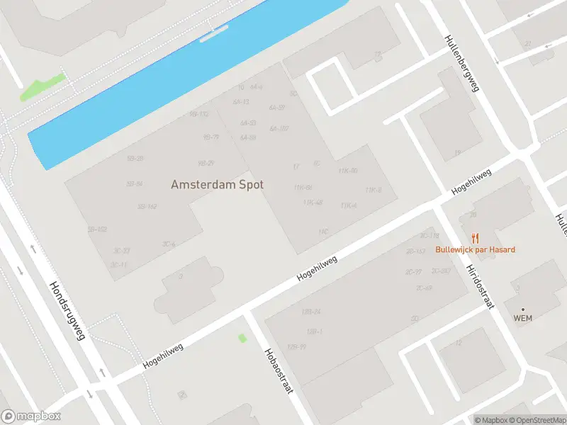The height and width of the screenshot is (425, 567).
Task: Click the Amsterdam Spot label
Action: pyautogui.click(x=217, y=184)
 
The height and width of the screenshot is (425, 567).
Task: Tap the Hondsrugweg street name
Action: pyautogui.click(x=67, y=311)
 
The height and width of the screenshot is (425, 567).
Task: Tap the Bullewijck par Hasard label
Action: pyautogui.click(x=475, y=249)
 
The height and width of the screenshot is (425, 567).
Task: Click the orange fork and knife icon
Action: pyautogui.click(x=476, y=238)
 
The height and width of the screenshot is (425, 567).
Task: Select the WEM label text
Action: pyautogui.click(x=522, y=318)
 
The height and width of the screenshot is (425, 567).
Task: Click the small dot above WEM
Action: pyautogui.click(x=523, y=309)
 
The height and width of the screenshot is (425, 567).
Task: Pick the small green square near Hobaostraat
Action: pyautogui.click(x=242, y=338)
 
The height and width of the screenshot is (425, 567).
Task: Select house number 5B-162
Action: pyautogui.click(x=147, y=206)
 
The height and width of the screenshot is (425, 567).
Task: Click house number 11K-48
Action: pyautogui.click(x=313, y=203)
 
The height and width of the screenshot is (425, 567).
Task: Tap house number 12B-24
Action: pyautogui.click(x=311, y=312)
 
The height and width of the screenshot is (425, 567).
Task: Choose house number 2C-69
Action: pyautogui.click(x=424, y=288)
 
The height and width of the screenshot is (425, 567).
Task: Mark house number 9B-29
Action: pyautogui.click(x=206, y=163)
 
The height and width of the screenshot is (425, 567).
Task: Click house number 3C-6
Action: pyautogui.click(x=169, y=244)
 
